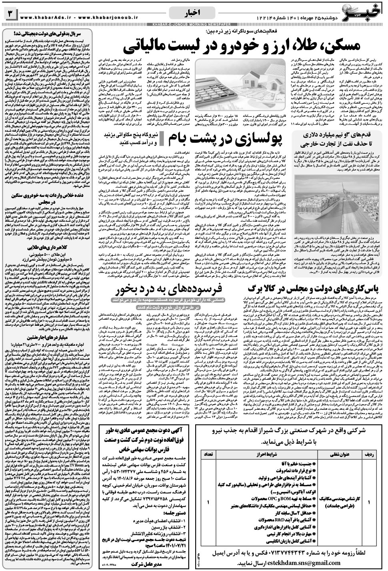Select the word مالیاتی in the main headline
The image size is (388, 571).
pos(148,48)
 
